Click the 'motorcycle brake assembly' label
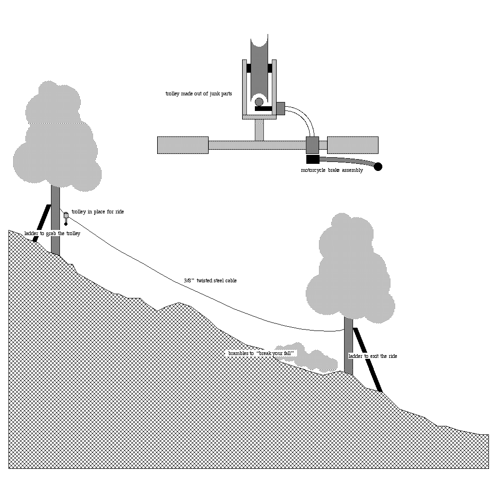click(332, 170)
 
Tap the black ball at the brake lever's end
click(378, 167)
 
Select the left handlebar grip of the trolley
click(183, 145)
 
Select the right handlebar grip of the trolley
click(353, 145)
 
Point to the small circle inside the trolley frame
click(259, 102)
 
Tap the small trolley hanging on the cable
click(66, 218)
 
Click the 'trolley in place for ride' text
click(98, 212)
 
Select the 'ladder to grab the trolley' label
click(52, 234)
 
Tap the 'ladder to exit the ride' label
click(373, 356)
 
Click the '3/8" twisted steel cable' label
click(210, 280)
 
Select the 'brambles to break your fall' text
click(261, 353)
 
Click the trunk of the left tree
click(55, 222)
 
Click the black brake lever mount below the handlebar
click(313, 159)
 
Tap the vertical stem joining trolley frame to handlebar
click(259, 130)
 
